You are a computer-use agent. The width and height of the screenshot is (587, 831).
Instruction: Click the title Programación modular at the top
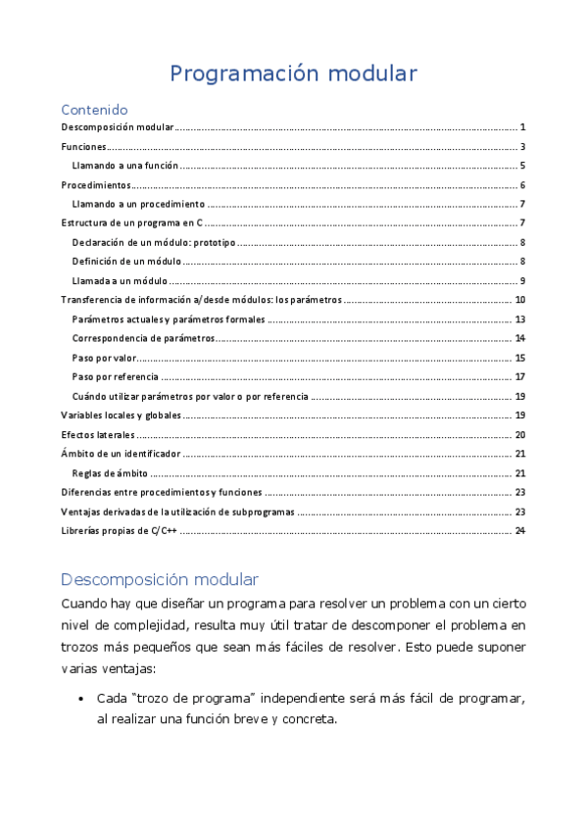coord(293,73)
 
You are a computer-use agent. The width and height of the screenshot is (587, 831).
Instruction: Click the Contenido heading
coord(94,110)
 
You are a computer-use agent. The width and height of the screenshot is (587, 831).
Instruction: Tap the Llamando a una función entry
coord(124,166)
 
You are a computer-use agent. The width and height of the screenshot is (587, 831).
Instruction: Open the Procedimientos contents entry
coord(95,185)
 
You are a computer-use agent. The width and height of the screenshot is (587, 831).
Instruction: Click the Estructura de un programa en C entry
coord(138,223)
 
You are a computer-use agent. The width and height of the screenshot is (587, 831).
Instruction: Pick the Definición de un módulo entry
coord(127,262)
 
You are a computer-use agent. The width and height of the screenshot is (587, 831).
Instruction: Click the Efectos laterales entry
coord(97,434)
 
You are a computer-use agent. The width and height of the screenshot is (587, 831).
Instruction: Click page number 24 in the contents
coord(521,530)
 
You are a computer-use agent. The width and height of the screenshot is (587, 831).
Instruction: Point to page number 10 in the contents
coord(521,300)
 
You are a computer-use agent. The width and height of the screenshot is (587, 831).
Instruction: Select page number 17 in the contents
coord(521,377)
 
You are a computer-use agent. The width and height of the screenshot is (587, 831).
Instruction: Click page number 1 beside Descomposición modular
coord(524,127)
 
